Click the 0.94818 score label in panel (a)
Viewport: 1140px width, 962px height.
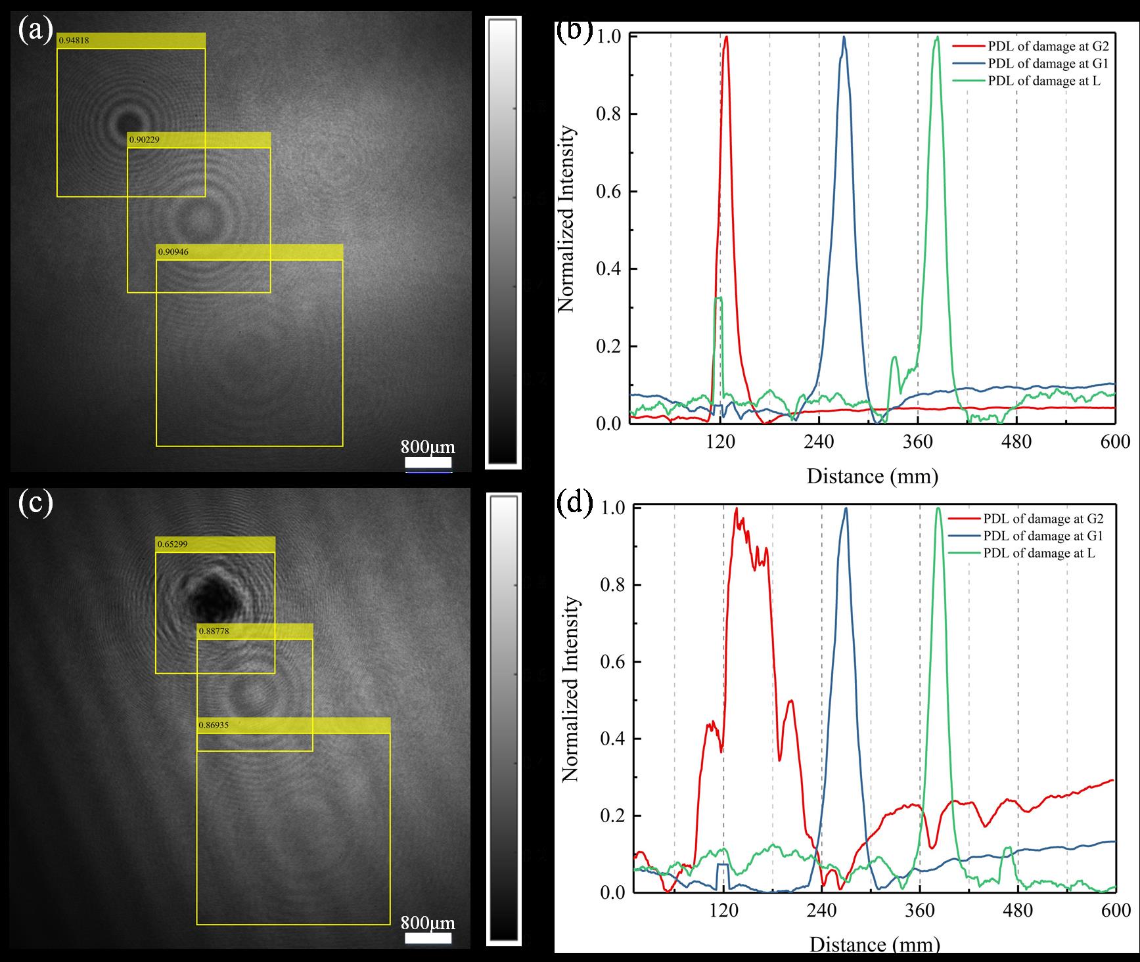[x=74, y=41]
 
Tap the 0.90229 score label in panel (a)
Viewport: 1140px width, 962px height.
[x=145, y=140]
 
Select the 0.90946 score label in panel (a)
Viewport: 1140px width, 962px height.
[x=173, y=252]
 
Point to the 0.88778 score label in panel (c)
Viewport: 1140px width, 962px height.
[x=214, y=631]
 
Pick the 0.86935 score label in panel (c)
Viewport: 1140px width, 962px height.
[x=214, y=725]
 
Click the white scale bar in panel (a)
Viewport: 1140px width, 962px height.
[x=428, y=464]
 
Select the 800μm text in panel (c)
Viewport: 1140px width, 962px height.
[x=428, y=923]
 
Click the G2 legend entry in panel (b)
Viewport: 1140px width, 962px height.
[x=1038, y=46]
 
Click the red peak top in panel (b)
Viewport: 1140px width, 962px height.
[x=726, y=37]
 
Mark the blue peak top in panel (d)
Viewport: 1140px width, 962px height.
[x=846, y=509]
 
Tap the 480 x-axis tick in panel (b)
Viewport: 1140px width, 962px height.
[x=1016, y=442]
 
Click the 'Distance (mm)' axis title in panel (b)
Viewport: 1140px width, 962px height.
[x=872, y=475]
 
